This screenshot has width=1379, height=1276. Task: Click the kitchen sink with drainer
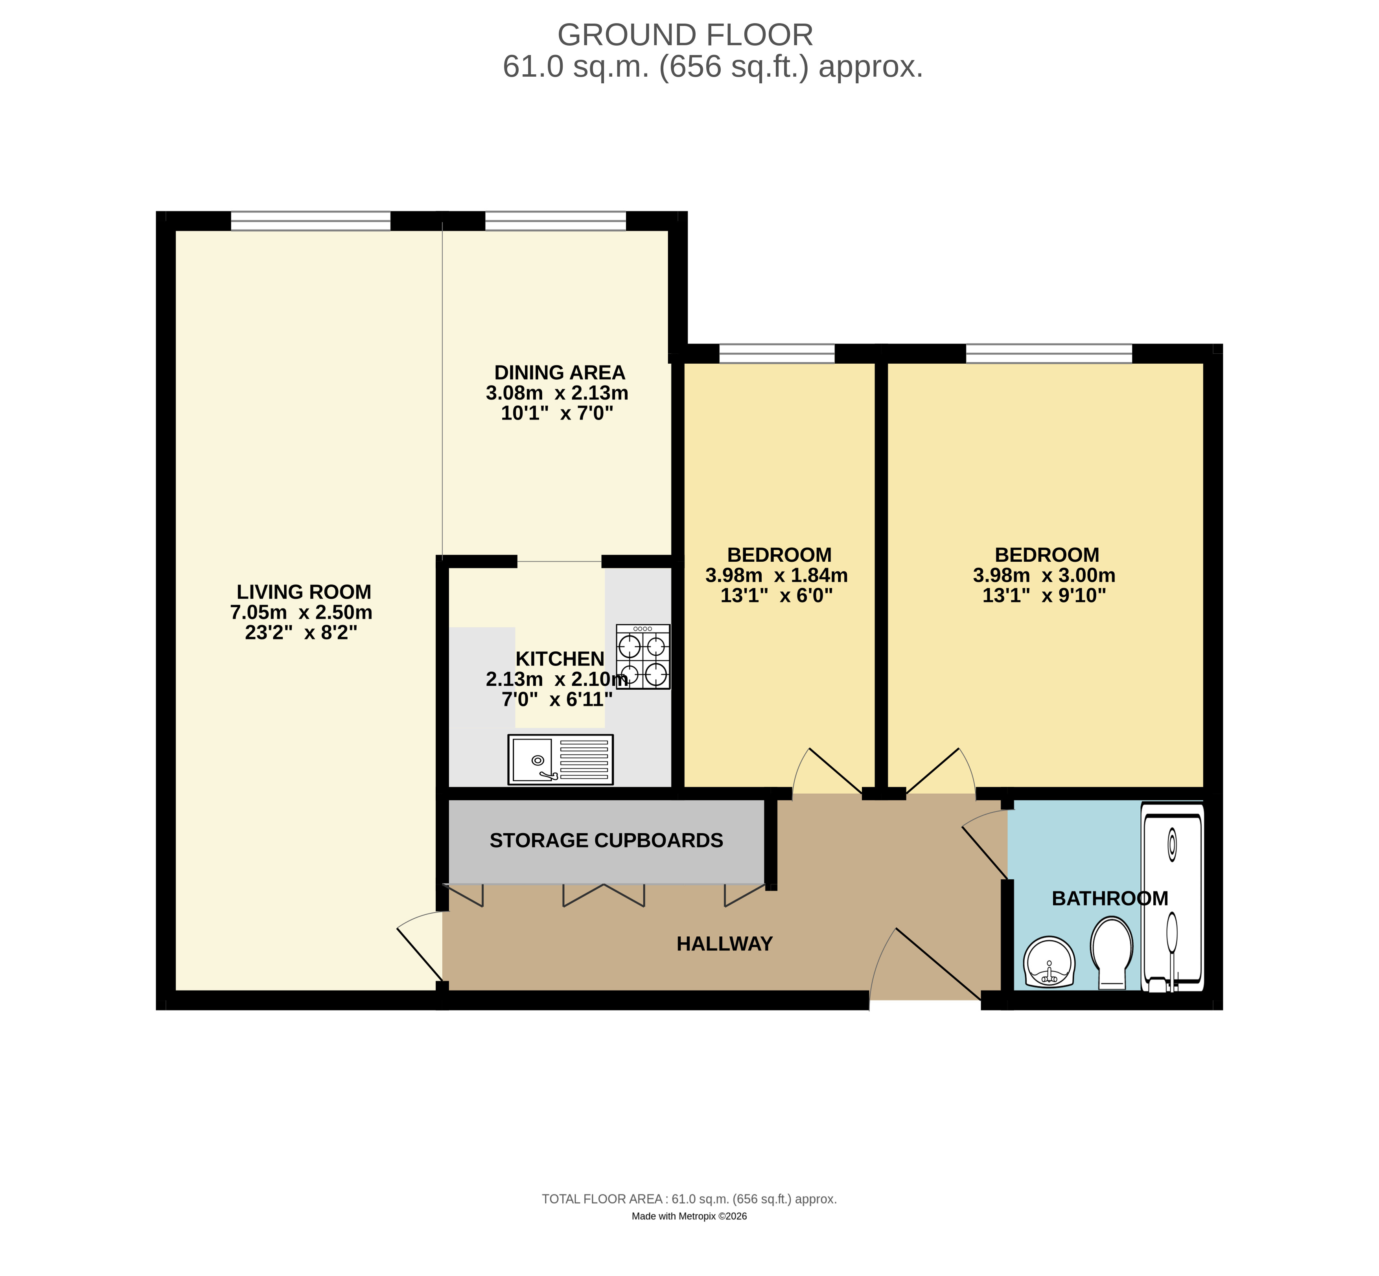(560, 759)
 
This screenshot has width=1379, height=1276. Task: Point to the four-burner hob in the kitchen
(643, 656)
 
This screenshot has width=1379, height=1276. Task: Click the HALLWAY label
(724, 944)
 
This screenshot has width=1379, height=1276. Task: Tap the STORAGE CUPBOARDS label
(606, 840)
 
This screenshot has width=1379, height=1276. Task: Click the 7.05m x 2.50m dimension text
(301, 612)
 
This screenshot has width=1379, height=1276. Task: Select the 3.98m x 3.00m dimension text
(1044, 575)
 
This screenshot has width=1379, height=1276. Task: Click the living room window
(311, 221)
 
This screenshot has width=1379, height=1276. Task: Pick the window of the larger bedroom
(1049, 353)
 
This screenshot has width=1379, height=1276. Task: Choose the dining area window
(556, 221)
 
